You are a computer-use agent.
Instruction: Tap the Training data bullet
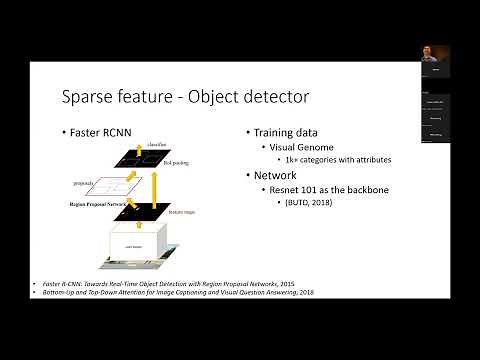tap(282, 133)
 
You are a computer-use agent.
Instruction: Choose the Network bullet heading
tap(275, 174)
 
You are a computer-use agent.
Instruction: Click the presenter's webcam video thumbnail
tap(434, 60)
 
